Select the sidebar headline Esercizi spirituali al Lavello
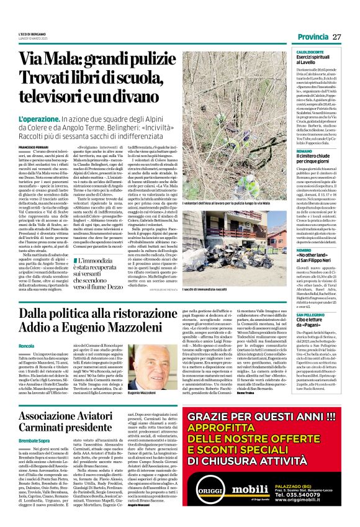pyautogui.click(x=318, y=60)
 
